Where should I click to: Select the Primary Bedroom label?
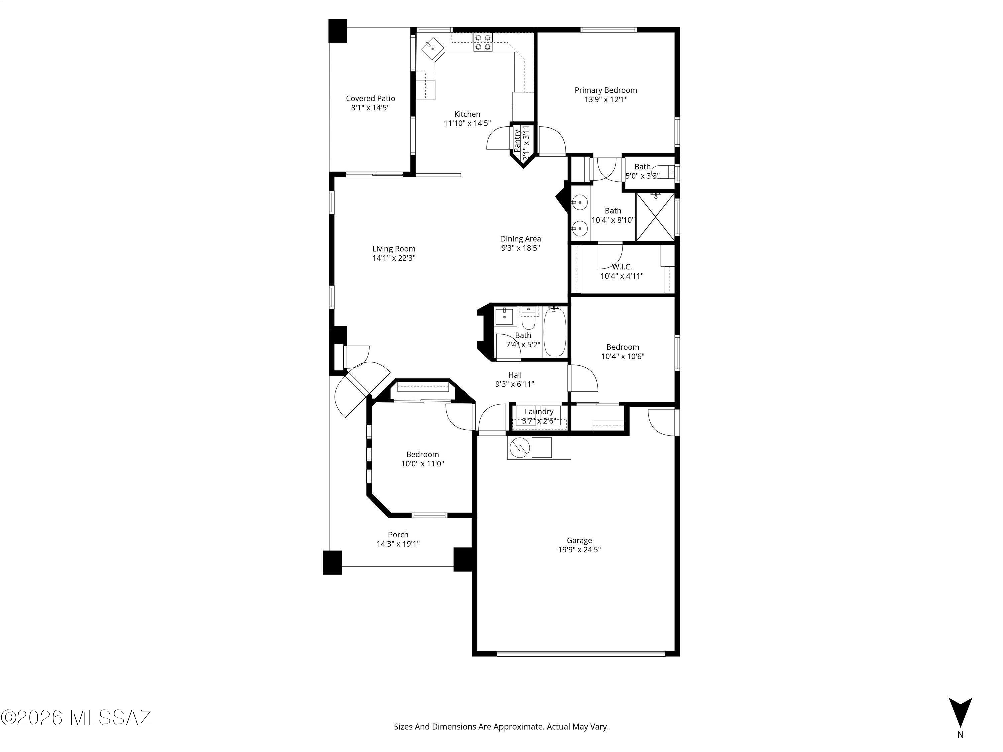tap(606, 90)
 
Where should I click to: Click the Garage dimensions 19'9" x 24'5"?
tap(579, 550)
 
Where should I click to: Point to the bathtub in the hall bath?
tap(555, 331)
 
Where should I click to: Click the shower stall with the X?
tap(655, 217)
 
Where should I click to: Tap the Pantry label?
tap(517, 140)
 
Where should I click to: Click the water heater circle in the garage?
tap(519, 448)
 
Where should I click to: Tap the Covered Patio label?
tap(370, 98)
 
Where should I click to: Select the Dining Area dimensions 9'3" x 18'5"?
tap(520, 248)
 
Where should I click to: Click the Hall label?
tap(515, 375)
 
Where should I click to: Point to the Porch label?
tap(398, 535)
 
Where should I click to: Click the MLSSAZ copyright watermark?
tap(76, 718)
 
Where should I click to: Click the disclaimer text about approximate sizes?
tap(501, 727)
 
